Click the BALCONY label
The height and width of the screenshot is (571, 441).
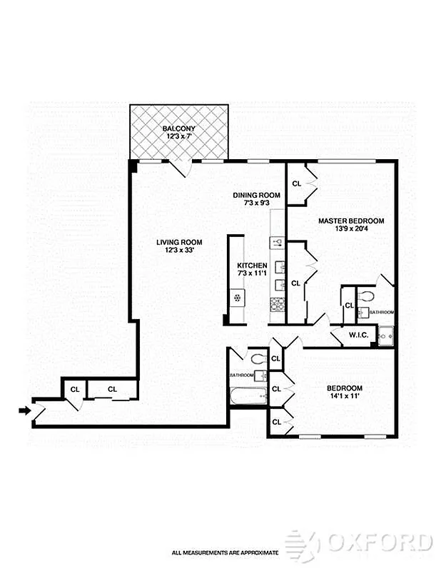click(178, 128)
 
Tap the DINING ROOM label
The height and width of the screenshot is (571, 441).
click(257, 195)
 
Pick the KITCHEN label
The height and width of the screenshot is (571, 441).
click(253, 266)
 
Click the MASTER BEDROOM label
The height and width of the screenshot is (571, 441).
click(351, 221)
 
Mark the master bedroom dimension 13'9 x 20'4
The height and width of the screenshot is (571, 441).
click(351, 229)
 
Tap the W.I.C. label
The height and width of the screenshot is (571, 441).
click(358, 335)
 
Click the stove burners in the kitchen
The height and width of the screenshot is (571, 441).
click(278, 304)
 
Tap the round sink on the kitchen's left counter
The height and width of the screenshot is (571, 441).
click(235, 296)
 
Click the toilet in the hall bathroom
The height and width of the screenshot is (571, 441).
click(258, 358)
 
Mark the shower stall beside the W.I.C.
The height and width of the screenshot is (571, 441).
click(385, 334)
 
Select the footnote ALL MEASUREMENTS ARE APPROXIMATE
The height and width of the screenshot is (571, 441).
click(225, 552)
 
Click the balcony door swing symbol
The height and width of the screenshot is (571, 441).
click(181, 168)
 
